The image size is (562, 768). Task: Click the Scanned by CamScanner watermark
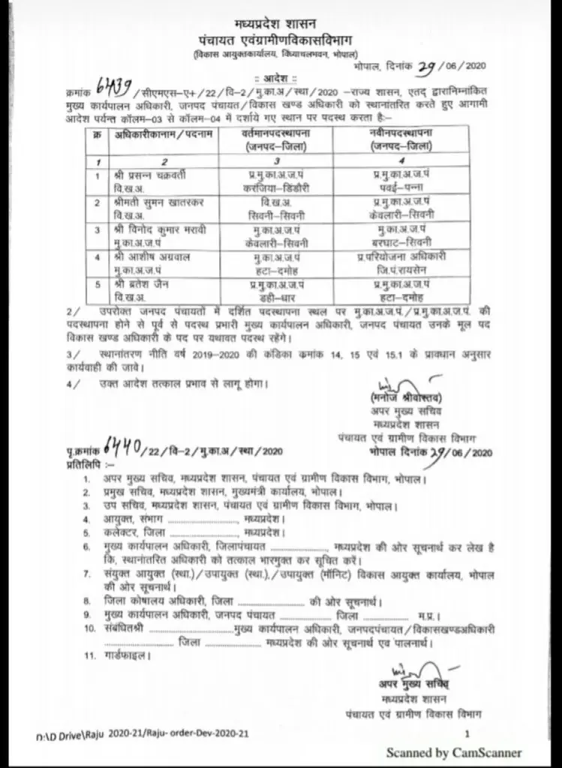pos(453,752)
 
